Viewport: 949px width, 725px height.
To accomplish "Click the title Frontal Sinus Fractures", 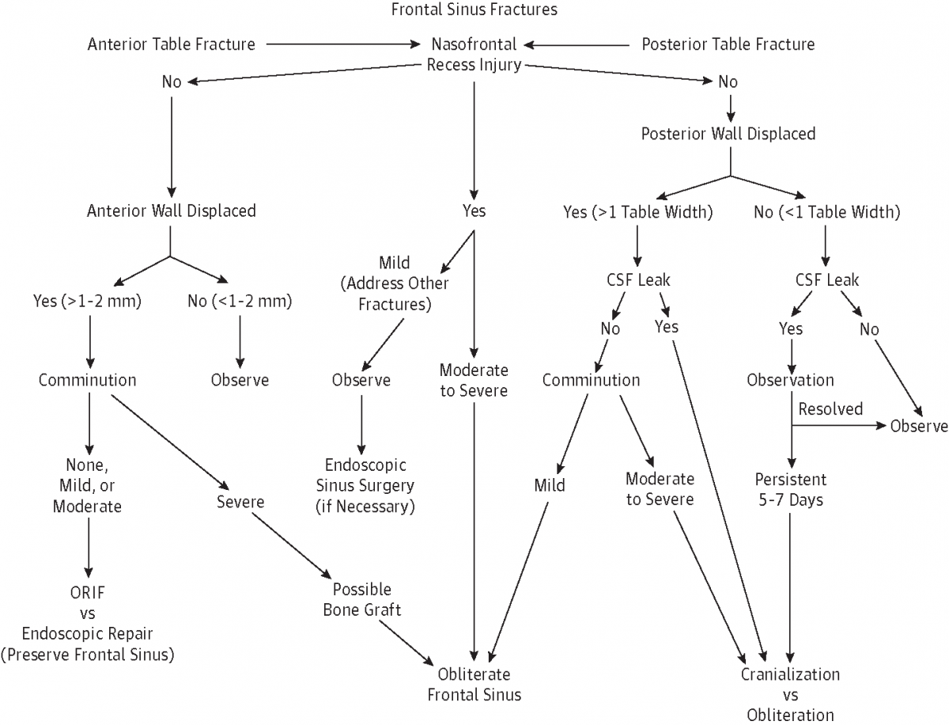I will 474,10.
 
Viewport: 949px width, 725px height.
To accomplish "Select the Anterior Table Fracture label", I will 171,44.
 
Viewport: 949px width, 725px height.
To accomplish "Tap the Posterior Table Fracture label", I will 728,44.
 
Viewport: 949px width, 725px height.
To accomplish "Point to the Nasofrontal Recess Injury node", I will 474,54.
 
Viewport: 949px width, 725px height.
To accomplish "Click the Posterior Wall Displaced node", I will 728,133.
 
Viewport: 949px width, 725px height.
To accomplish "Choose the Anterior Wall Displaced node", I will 172,211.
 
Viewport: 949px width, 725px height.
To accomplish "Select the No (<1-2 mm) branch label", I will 239,301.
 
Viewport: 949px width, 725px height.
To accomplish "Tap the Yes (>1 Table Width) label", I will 637,211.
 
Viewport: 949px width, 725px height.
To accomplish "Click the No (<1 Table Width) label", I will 826,211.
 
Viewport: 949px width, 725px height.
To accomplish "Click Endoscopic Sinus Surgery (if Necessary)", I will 364,485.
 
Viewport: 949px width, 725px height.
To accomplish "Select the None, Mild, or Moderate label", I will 87,485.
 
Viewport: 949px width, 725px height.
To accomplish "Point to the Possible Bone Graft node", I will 361,600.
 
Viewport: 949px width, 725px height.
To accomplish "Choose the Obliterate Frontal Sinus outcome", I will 475,685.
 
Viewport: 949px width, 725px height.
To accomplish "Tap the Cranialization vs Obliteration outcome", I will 790,695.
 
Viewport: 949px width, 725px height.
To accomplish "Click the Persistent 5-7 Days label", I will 790,490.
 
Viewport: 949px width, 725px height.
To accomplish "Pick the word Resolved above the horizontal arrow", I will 830,409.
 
